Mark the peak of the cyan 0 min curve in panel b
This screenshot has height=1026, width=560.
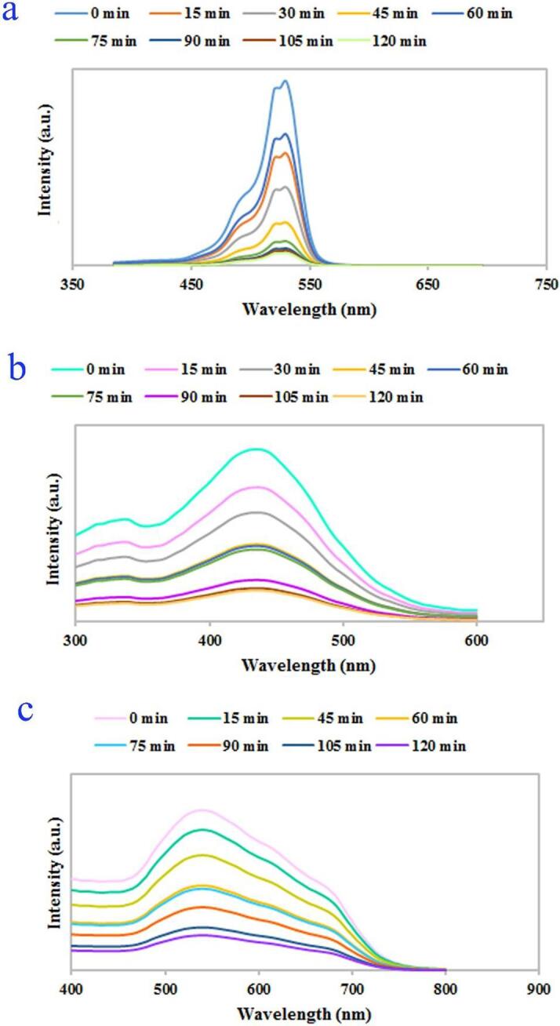[256, 449]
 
